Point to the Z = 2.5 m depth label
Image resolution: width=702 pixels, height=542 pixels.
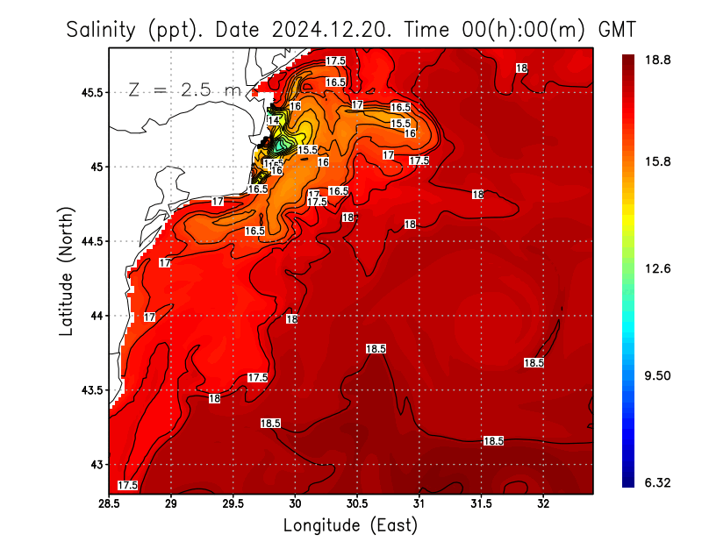click(183, 89)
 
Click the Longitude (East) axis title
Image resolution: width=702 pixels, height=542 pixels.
click(350, 525)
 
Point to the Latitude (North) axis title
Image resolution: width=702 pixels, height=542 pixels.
click(66, 272)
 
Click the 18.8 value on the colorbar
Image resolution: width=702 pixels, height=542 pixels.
click(657, 60)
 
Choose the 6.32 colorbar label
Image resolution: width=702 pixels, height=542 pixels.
click(657, 481)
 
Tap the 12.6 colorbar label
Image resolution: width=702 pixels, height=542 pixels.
click(657, 268)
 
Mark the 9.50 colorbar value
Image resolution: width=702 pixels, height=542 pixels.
click(657, 375)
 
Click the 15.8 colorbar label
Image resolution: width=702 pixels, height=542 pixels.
click(657, 162)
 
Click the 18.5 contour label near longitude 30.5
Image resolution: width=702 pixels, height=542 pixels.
click(376, 349)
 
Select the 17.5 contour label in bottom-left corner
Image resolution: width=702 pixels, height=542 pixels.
click(128, 485)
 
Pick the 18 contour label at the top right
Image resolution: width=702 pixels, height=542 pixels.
click(521, 68)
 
